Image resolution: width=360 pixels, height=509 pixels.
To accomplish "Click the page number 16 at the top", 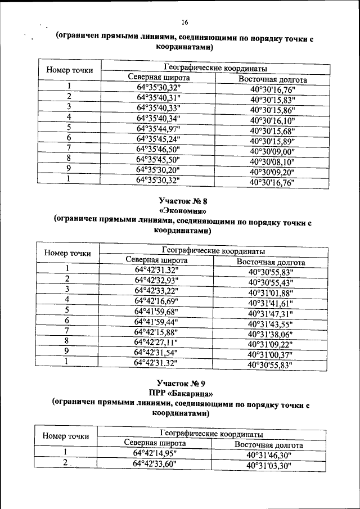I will click(184, 22).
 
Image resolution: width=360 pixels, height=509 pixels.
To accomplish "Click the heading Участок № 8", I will click(183, 201).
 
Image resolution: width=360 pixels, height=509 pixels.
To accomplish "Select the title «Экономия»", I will click(183, 211).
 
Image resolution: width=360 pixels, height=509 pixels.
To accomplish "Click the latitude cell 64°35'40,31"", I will click(158, 97).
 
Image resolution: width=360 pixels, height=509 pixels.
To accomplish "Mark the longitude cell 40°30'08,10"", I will click(272, 162).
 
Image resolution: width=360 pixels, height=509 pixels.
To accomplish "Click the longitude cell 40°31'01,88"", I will click(271, 292).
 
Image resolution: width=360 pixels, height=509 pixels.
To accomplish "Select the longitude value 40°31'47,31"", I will click(271, 313).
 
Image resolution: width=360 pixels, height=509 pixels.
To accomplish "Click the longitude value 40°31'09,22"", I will click(271, 344).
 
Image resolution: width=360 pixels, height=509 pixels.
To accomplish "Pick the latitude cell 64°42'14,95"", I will click(155, 453).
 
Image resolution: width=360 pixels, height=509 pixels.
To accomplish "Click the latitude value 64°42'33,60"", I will click(155, 463).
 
